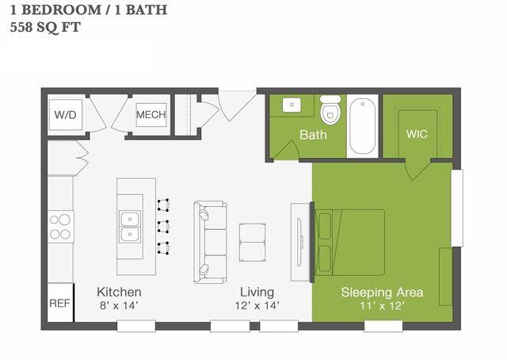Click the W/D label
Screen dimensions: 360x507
point(66,116)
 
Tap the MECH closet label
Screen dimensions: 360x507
point(151,116)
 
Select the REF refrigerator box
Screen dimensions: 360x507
point(59,303)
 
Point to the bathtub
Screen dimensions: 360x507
point(363,124)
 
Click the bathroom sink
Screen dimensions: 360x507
point(291,105)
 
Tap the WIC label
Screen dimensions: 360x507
point(417,134)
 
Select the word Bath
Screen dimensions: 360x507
point(313,135)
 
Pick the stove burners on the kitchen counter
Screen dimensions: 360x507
point(60,226)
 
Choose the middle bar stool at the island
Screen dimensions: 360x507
point(164,225)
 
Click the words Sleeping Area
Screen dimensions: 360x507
point(382,292)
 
